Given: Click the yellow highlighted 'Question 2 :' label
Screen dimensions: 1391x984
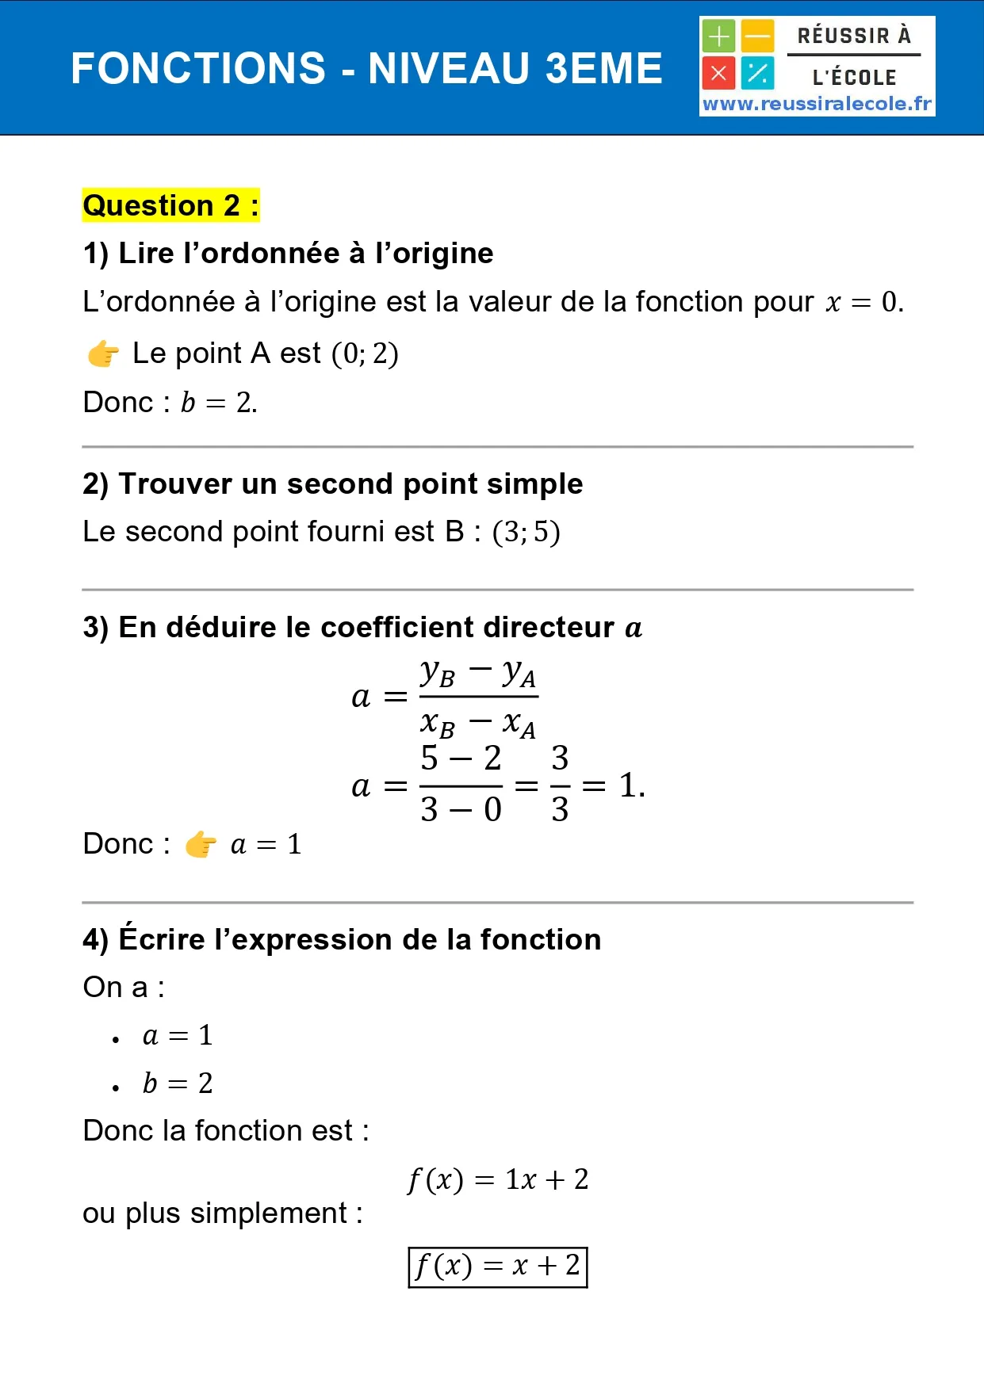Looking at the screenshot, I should click(170, 205).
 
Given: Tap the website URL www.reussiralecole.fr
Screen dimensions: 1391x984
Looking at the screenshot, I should click(817, 104).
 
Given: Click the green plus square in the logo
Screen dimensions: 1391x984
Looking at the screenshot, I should click(718, 36).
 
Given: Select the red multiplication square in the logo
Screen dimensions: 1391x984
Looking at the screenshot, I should click(718, 74).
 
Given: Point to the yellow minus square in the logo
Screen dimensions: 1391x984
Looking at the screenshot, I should click(758, 36).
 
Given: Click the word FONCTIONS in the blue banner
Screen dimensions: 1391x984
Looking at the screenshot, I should click(198, 68).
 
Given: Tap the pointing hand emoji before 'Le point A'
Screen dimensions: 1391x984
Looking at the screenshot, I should click(103, 353).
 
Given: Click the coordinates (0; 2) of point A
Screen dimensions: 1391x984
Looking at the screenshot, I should click(365, 353).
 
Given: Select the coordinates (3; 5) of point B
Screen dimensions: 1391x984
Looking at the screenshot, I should click(526, 532).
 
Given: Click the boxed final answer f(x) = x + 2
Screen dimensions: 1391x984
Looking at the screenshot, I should click(498, 1266).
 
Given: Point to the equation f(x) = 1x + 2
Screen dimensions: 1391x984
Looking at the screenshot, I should click(498, 1179).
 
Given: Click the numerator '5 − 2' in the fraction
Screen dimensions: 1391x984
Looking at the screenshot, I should click(461, 759).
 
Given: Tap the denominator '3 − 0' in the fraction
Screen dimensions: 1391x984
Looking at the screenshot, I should click(461, 809).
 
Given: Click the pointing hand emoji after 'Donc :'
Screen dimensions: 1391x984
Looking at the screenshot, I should click(201, 845).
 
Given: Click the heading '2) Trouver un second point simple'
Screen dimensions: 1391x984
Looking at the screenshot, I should click(333, 483).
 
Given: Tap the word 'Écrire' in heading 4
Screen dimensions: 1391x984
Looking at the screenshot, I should click(162, 939).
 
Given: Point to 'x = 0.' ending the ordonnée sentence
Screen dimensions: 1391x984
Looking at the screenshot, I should click(863, 302).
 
